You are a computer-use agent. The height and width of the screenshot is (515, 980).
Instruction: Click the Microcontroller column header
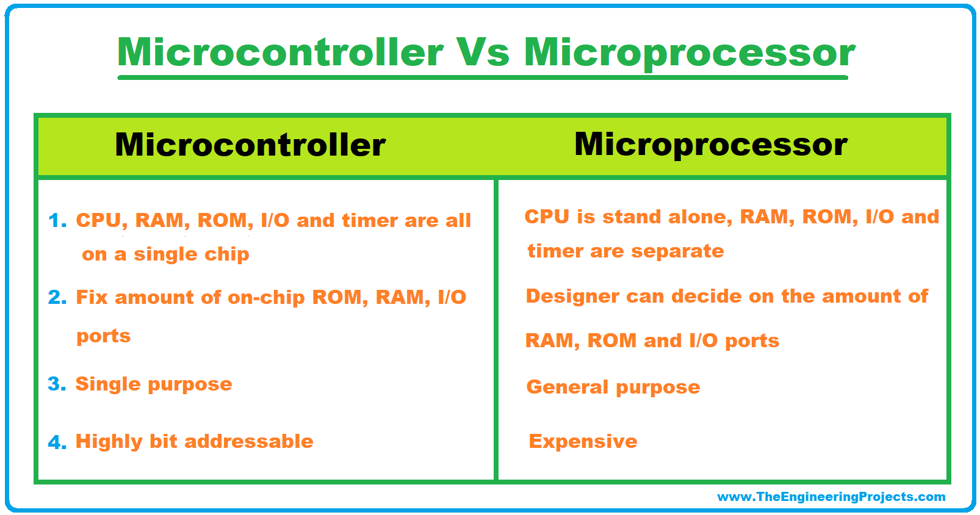point(250,145)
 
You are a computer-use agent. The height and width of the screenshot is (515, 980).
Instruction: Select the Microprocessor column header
point(711,145)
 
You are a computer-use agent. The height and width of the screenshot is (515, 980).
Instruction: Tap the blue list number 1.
point(57,220)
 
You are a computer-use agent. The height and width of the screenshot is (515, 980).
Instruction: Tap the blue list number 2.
point(57,297)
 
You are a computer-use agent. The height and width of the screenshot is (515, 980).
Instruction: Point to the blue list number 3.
point(56,384)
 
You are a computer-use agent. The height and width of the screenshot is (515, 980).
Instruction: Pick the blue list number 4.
point(57,442)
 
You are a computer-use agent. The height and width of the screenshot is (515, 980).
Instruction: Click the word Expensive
point(583,441)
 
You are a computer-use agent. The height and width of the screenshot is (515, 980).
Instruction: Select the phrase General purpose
point(613,387)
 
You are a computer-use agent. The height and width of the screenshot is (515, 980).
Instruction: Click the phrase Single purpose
point(153,384)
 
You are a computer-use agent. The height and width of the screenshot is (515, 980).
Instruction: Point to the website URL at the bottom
point(831,497)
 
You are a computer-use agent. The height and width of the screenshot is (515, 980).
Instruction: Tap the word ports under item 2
point(103,336)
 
